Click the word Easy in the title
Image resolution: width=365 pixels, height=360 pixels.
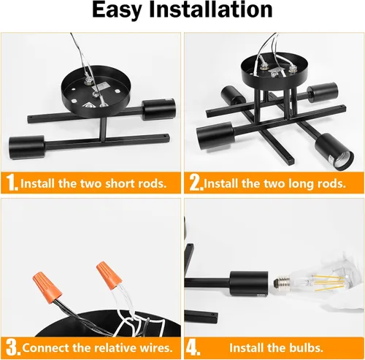117,10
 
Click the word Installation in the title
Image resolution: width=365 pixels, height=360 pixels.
211,9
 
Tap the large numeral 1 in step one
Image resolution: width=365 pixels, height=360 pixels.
12,183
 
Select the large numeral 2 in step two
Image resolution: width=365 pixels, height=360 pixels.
196,183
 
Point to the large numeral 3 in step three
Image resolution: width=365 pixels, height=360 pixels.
13,348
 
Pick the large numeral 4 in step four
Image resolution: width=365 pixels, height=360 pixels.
193,348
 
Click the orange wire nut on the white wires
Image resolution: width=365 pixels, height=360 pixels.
109,275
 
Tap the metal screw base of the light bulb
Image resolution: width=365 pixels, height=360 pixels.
282,283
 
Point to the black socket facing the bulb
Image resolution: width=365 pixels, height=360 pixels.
249,283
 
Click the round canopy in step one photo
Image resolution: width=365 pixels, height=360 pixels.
96,91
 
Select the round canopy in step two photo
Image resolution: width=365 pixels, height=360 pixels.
274,72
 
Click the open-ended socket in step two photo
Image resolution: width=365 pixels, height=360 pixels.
334,151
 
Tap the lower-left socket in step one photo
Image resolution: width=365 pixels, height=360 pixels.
26,148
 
